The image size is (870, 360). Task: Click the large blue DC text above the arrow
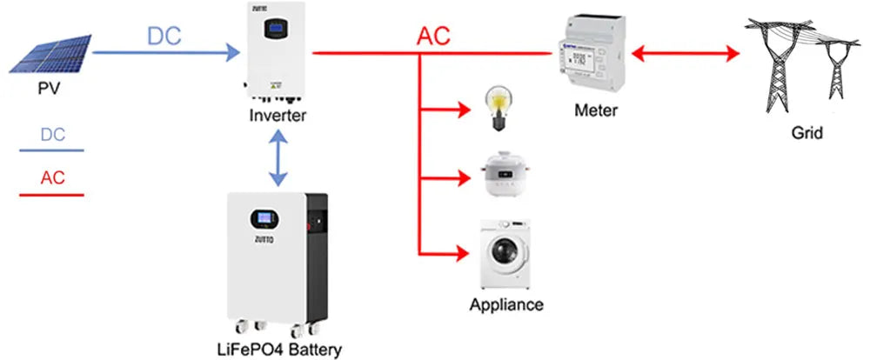pyautogui.click(x=164, y=37)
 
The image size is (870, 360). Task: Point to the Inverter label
pyautogui.click(x=278, y=116)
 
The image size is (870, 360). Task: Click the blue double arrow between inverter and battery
pyautogui.click(x=278, y=158)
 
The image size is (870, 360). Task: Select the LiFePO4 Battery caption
pyautogui.click(x=278, y=350)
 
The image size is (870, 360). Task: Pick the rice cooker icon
pyautogui.click(x=500, y=178)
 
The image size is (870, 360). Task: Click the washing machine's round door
pyautogui.click(x=502, y=252)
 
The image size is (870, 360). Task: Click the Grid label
pyautogui.click(x=806, y=134)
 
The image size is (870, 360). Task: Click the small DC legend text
pyautogui.click(x=53, y=135)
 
